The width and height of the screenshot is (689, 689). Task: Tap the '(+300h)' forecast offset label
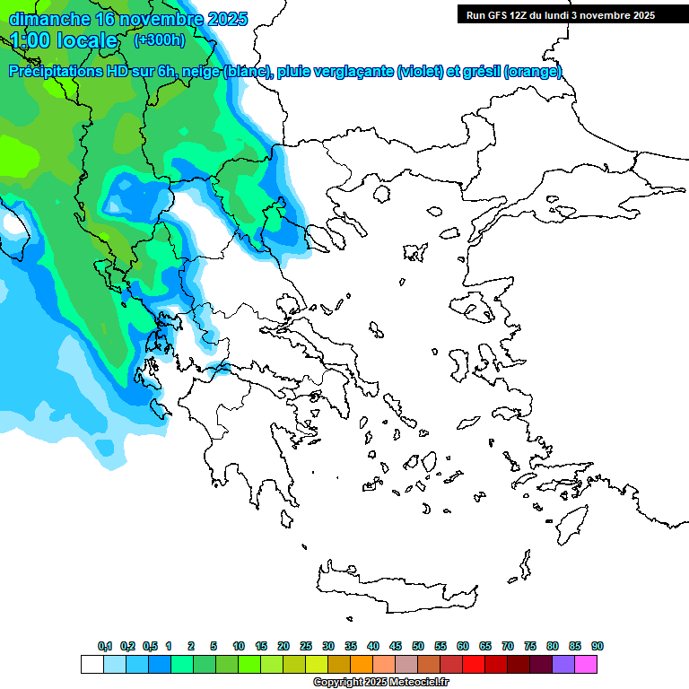coord(159,39)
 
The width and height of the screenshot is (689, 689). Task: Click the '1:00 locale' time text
coord(64,40)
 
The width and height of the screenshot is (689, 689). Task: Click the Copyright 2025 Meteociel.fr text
coord(380,683)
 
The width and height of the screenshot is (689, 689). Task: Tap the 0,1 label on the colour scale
coord(105,646)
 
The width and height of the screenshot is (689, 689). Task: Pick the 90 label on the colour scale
coord(597,646)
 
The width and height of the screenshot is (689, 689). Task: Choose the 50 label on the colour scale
coord(418,646)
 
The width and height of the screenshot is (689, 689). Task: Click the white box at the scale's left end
coord(92,664)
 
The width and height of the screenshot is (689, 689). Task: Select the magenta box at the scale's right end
coord(586,664)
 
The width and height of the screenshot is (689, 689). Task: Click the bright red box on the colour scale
coord(474,664)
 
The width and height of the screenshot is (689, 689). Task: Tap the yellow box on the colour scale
coord(317,664)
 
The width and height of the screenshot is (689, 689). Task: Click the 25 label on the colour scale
coord(306,646)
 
